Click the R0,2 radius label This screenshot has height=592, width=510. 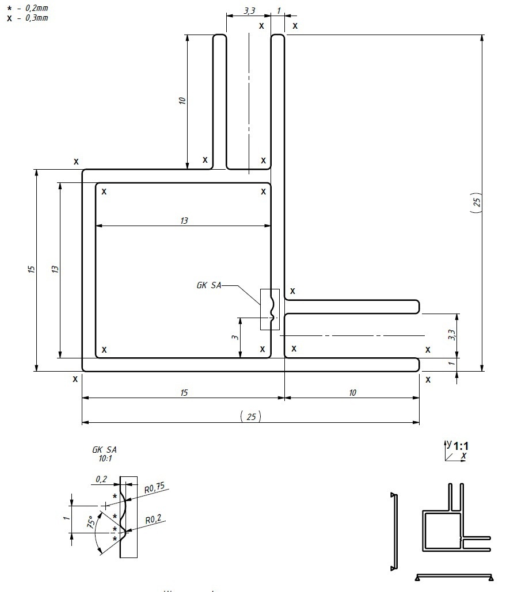click(152, 520)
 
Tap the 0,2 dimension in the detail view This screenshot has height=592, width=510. click(102, 479)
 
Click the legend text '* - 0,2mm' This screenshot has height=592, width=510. click(27, 9)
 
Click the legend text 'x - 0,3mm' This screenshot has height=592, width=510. click(27, 18)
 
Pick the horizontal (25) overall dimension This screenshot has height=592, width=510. click(250, 417)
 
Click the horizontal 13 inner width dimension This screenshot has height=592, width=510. click(184, 220)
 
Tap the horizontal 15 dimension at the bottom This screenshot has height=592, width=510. click(184, 392)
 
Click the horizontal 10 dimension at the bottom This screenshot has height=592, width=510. click(352, 392)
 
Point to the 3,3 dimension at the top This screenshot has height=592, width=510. click(249, 10)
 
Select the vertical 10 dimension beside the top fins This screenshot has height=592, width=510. click(182, 101)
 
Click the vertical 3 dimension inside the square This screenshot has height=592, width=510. click(235, 337)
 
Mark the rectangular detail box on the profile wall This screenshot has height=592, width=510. click(269, 310)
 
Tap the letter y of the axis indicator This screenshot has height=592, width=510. click(449, 443)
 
